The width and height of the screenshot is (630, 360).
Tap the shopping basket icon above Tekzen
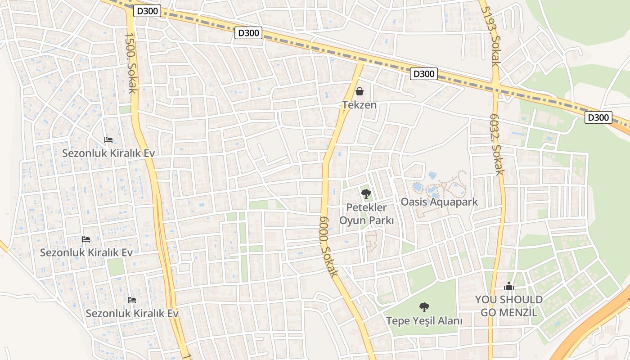pos(360,92)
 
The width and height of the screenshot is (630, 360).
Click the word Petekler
pos(366,208)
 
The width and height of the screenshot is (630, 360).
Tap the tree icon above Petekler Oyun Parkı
pos(366,194)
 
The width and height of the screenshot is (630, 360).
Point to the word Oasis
pos(414,202)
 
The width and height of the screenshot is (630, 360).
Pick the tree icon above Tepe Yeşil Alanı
pos(424,307)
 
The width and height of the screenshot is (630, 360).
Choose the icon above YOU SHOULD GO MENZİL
pos(509,286)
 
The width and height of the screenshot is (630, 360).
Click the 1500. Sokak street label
pos(130,63)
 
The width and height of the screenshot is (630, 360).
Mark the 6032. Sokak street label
pos(497,144)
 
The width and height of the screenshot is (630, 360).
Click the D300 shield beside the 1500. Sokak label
pos(147,11)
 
